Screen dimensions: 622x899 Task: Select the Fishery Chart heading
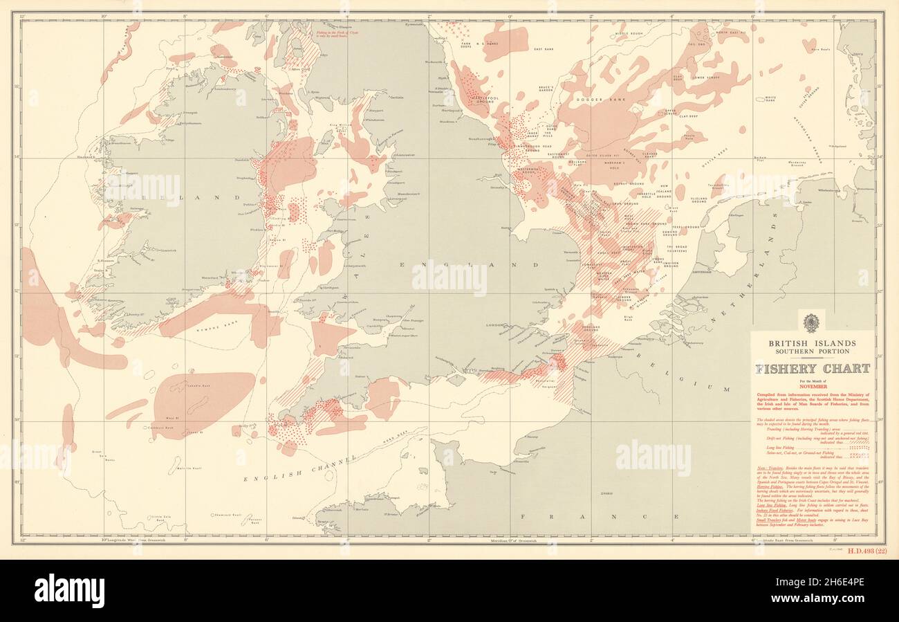pos(812,369)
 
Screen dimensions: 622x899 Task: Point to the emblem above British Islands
pos(811,323)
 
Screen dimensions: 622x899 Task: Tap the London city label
pos(495,324)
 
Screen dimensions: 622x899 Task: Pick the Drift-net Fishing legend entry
pos(778,439)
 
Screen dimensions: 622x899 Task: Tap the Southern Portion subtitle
pos(811,351)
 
